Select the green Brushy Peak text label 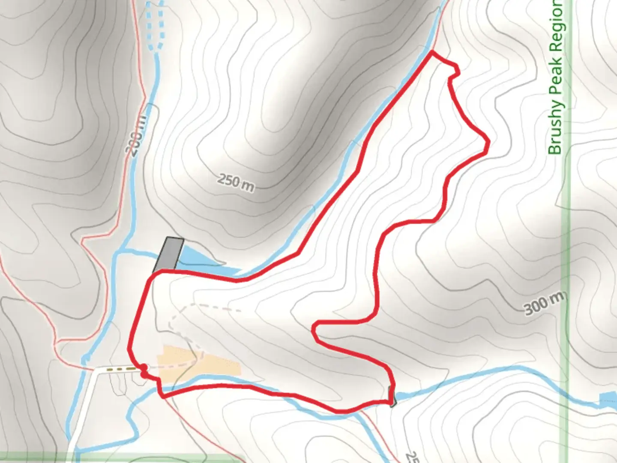pyautogui.click(x=555, y=77)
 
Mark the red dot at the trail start pyautogui.click(x=144, y=368)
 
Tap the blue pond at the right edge pyautogui.click(x=608, y=399)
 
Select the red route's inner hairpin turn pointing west pyautogui.click(x=314, y=329)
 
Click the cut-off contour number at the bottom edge pyautogui.click(x=412, y=456)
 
